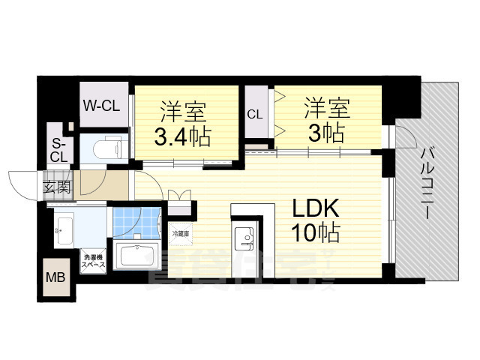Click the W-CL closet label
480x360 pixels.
click(100, 106)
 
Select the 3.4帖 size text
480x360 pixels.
click(182, 137)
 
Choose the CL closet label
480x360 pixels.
click(255, 115)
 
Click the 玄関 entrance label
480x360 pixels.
click(56, 187)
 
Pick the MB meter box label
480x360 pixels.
click(55, 277)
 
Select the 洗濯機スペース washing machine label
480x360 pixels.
click(94, 260)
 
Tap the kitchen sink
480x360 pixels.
click(244, 238)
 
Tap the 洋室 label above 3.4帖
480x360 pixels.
click(182, 111)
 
